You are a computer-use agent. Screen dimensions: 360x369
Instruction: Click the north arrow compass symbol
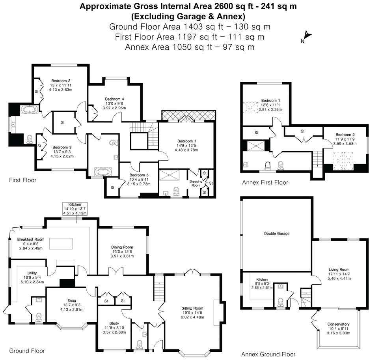[x=307, y=37]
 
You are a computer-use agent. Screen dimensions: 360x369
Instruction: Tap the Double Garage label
[x=277, y=234]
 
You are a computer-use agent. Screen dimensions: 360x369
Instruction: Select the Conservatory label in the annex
[x=338, y=324]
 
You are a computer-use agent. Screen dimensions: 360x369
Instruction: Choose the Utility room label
[x=32, y=273]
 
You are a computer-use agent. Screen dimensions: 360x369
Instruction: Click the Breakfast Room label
[x=30, y=239]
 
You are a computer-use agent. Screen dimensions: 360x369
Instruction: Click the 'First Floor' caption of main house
[x=22, y=180]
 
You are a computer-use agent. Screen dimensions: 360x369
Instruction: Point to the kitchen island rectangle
[x=61, y=244]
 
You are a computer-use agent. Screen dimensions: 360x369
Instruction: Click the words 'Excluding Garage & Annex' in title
[x=188, y=17]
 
